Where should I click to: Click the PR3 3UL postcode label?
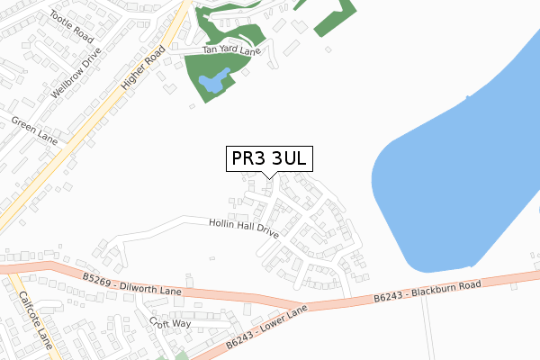[269, 158]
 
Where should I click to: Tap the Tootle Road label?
[72, 28]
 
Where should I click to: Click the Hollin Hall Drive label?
[243, 228]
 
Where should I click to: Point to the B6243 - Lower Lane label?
[266, 326]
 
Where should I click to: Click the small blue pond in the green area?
[212, 84]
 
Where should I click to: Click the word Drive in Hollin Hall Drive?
[265, 231]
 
